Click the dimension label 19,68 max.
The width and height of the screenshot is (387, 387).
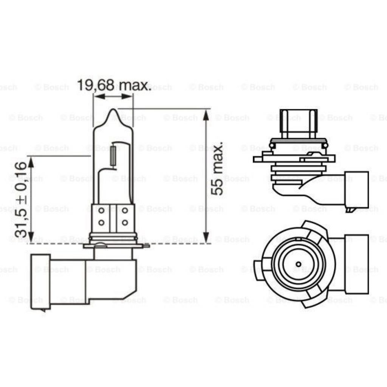coord(114,85)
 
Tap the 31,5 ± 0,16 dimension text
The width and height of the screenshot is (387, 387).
coord(21,199)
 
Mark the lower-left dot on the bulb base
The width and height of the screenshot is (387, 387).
coord(101,222)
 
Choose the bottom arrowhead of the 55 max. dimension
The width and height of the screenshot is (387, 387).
coord(206,239)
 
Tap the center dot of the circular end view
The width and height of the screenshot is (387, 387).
coord(298,264)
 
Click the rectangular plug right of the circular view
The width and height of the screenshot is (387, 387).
coord(357,264)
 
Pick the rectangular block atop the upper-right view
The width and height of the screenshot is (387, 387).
coord(298,124)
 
